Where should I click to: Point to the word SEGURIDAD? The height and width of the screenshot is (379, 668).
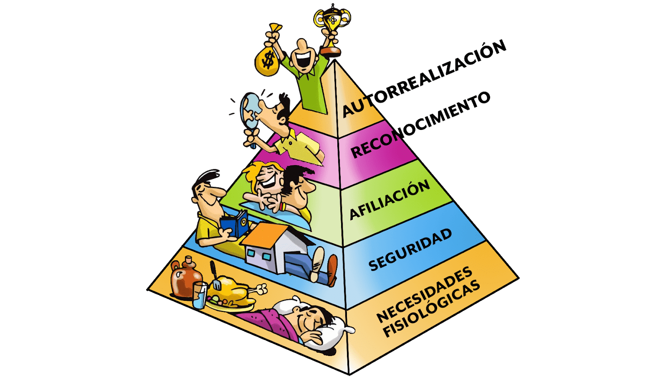coord(410,249)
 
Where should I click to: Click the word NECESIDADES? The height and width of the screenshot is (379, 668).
coord(424,294)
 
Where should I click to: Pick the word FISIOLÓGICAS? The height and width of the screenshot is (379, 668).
coord(432,310)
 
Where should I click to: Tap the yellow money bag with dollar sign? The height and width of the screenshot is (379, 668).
coord(267,61)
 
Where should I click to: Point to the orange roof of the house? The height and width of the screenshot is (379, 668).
coord(265,234)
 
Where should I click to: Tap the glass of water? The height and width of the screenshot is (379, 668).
coord(200,295)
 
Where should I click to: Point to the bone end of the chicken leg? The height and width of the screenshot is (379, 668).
coord(262,288)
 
